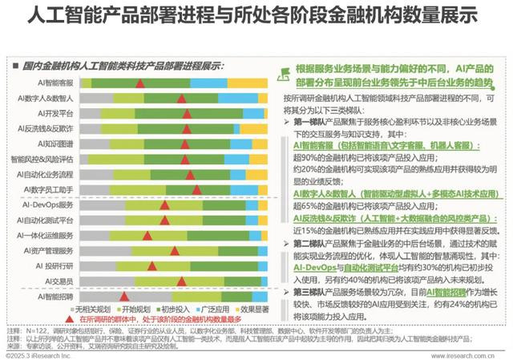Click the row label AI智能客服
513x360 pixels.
point(52,83)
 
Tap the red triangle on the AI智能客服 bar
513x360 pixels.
point(139,83)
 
